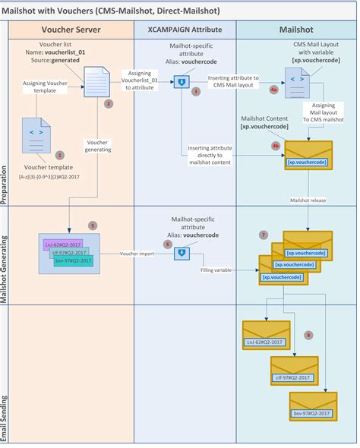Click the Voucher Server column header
71,29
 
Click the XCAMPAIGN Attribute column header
185,29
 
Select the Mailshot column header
296,29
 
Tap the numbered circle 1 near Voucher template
60,154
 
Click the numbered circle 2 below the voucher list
109,103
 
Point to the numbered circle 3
196,91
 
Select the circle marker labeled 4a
273,89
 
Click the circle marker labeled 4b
275,145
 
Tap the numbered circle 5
93,225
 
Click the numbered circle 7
264,235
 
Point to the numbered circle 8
308,334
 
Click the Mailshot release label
308,200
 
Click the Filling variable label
217,270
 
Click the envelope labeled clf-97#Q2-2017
294,371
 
